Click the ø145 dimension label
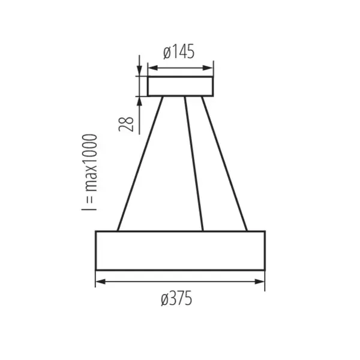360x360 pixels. (x=179, y=53)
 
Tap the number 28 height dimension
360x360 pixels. (x=126, y=124)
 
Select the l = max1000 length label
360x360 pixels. (x=90, y=172)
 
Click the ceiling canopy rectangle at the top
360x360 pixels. (x=181, y=86)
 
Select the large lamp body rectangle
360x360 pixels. (x=180, y=250)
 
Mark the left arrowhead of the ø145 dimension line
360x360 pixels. (x=151, y=67)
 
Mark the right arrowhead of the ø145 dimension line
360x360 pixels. (x=209, y=67)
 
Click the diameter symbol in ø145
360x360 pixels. (x=167, y=53)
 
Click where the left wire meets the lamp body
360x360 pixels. (x=118, y=230)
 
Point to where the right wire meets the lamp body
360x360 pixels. (x=247, y=230)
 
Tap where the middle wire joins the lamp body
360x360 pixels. (x=203, y=230)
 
